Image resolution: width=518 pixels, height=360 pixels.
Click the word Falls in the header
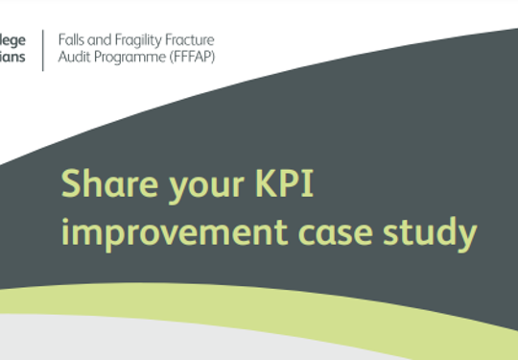[x=72, y=39]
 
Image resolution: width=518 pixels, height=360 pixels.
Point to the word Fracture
[x=192, y=39]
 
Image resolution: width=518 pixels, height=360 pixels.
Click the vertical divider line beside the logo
[x=42, y=49]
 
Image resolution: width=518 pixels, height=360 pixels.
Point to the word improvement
[x=153, y=231]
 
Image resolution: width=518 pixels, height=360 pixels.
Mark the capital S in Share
[x=71, y=182]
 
